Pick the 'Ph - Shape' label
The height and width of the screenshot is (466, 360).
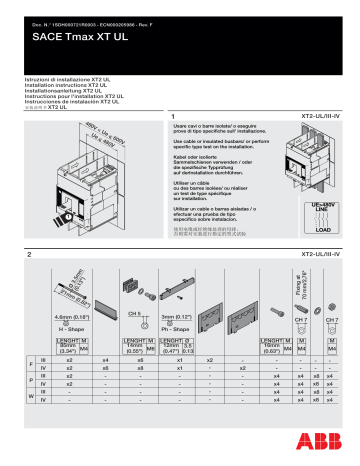click(177, 328)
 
